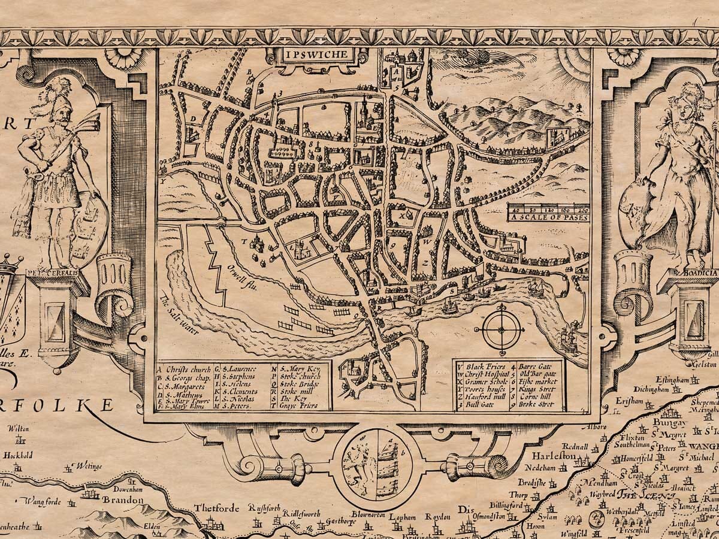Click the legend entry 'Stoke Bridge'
coord(300,384)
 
